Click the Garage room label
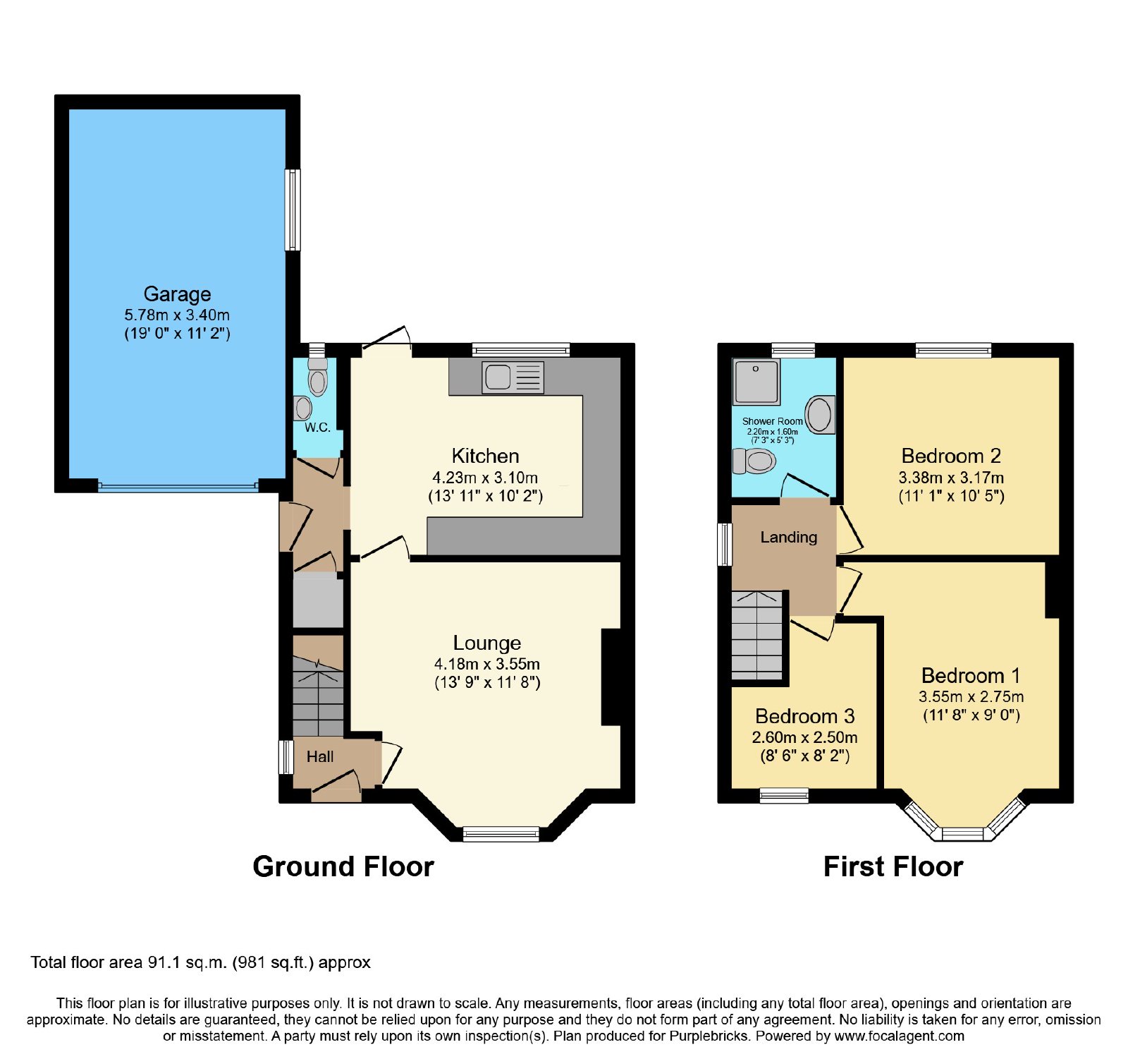pyautogui.click(x=177, y=294)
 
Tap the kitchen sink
pyautogui.click(x=513, y=377)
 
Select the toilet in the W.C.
pyautogui.click(x=318, y=377)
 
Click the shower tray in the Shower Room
pyautogui.click(x=756, y=382)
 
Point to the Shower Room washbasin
pyautogui.click(x=820, y=414)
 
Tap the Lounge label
pyautogui.click(x=487, y=643)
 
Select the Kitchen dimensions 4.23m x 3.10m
pyautogui.click(x=485, y=478)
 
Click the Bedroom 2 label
pyautogui.click(x=951, y=456)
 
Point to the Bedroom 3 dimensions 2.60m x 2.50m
pyautogui.click(x=804, y=737)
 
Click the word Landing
pyautogui.click(x=788, y=538)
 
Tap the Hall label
pyautogui.click(x=320, y=756)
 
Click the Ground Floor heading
pyautogui.click(x=343, y=866)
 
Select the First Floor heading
pyautogui.click(x=893, y=866)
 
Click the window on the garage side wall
pyautogui.click(x=293, y=210)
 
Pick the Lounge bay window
pyautogui.click(x=501, y=834)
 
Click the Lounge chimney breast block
pyautogui.click(x=611, y=677)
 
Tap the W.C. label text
pyautogui.click(x=317, y=428)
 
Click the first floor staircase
pyautogui.click(x=757, y=635)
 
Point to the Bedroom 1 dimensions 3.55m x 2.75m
pyautogui.click(x=971, y=697)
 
